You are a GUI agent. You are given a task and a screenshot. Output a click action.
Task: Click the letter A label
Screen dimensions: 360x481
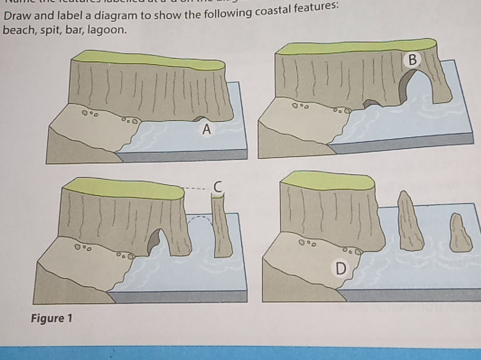point(207,130)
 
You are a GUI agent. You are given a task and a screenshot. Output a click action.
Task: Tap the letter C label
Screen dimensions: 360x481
point(218,185)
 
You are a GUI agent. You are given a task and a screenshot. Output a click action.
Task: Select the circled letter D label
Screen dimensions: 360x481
point(339,269)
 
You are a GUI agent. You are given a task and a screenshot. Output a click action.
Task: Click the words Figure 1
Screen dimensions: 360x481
point(52,317)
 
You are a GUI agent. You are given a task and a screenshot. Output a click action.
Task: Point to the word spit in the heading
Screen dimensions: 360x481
point(46,31)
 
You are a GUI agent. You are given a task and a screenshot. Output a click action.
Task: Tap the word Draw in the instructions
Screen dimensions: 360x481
point(15,16)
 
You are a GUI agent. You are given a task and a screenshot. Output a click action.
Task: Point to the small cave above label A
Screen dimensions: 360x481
point(200,119)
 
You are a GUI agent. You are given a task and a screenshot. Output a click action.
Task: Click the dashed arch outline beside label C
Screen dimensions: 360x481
point(200,221)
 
